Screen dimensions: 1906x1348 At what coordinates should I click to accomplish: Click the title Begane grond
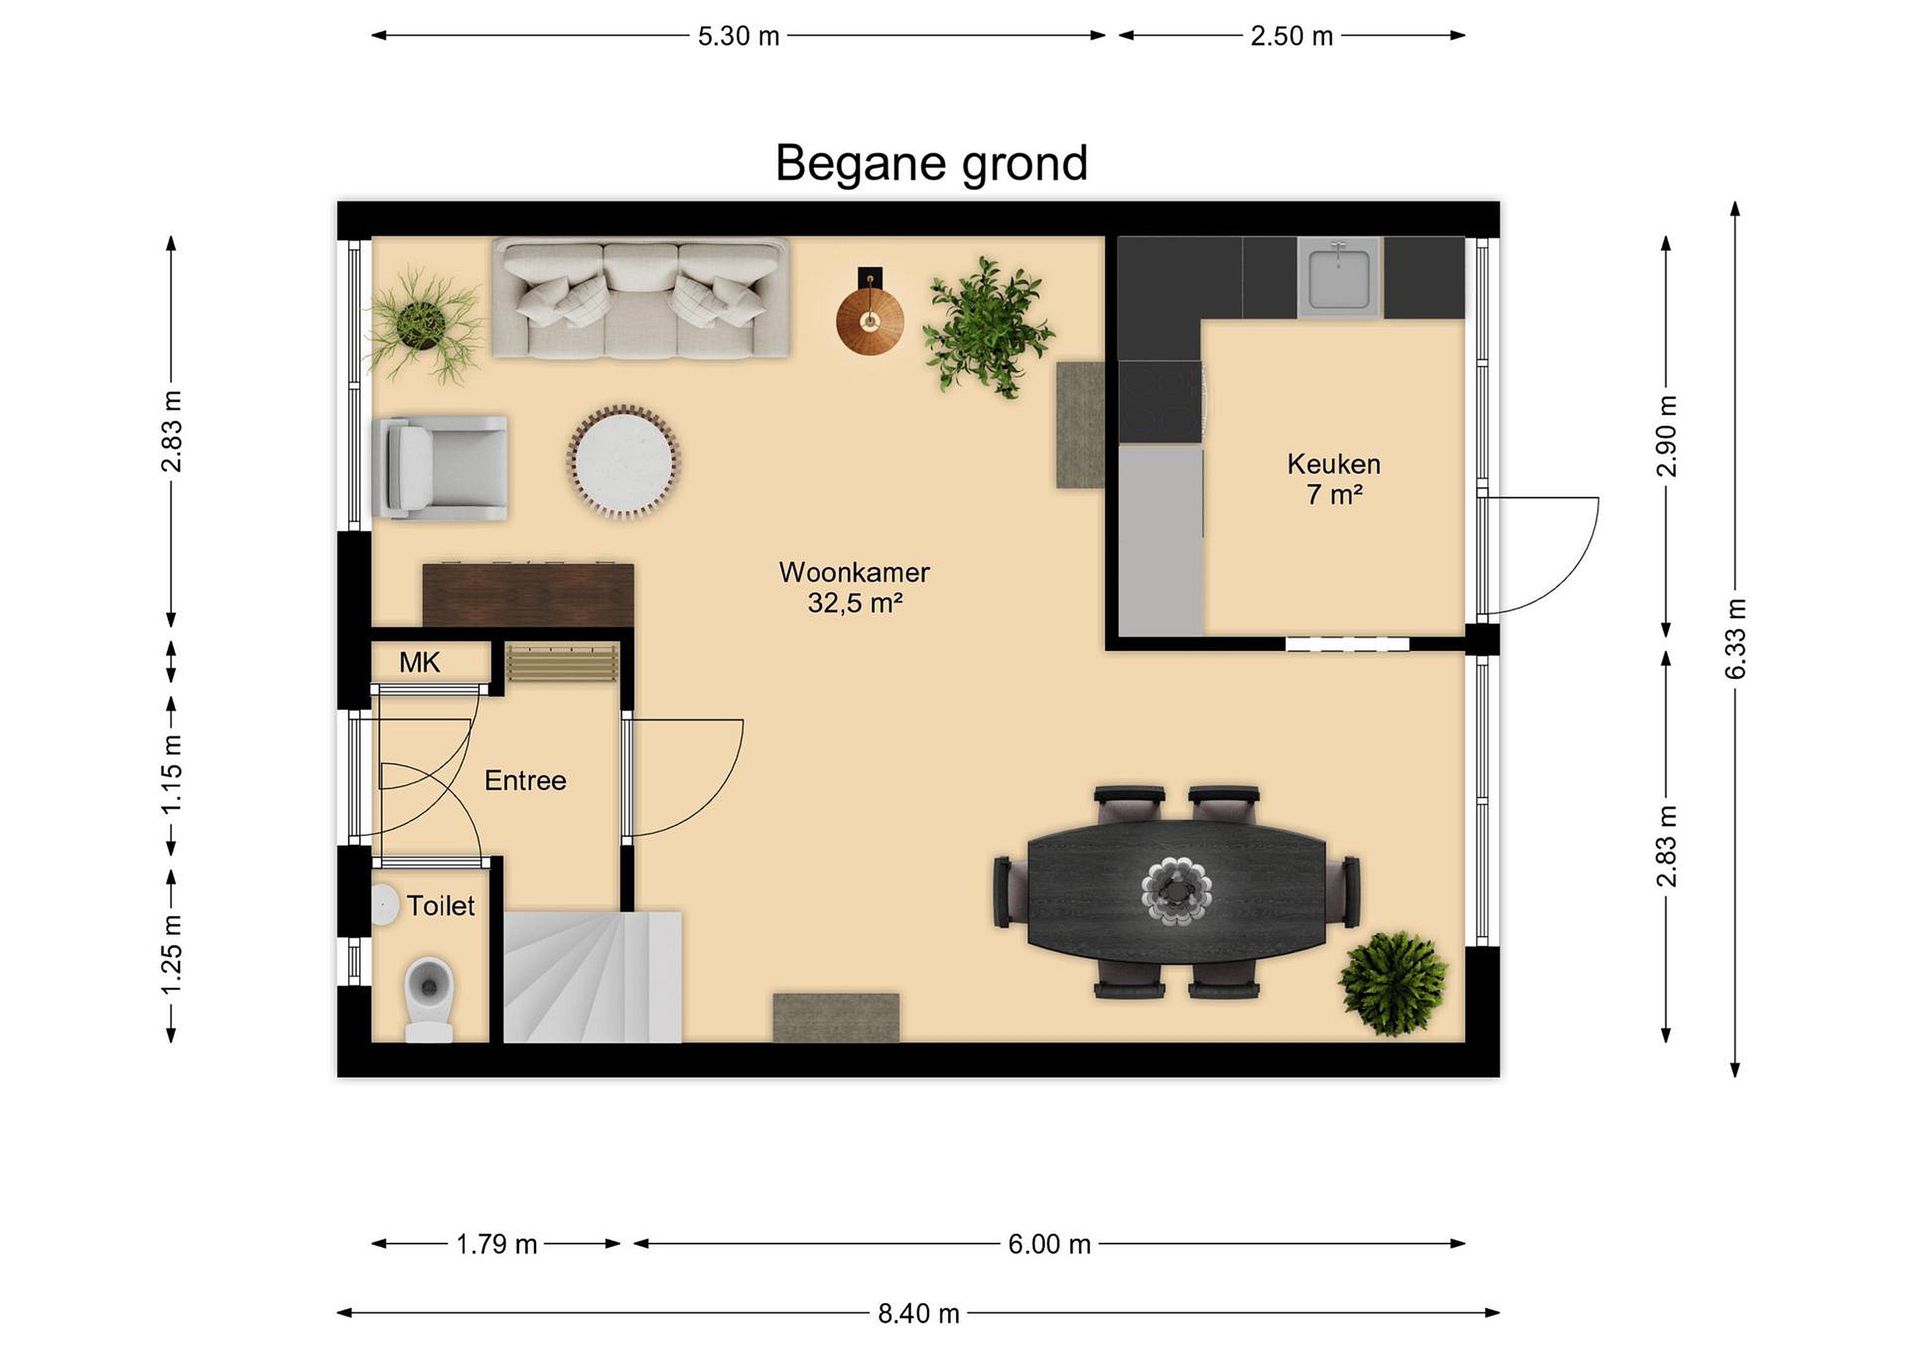coord(930,163)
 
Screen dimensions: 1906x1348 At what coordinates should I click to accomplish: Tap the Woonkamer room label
coord(854,572)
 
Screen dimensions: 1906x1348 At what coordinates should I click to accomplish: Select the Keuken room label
coord(1334,464)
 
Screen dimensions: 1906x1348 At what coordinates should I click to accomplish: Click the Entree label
coord(525,780)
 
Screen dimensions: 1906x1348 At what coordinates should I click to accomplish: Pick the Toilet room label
coord(441,905)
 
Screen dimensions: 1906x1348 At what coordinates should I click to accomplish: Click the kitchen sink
coord(1339,278)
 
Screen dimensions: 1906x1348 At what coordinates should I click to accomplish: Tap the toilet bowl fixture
coord(430,999)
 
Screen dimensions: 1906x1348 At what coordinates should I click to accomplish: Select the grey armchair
coord(440,468)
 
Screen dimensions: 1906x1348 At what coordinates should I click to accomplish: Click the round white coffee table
coord(623,461)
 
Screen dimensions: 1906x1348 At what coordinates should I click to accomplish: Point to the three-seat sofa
coord(640,299)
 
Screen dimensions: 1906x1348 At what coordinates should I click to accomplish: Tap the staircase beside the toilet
coord(592,977)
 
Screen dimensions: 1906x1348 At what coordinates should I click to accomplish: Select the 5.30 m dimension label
coord(739,36)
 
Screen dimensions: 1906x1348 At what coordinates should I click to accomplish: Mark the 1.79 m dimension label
coord(497,1244)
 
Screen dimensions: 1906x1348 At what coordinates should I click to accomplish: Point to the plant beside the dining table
coord(1394,983)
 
